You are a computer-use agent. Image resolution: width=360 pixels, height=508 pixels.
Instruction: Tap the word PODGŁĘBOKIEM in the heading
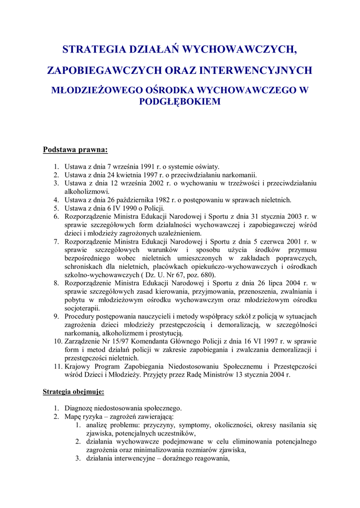click(180, 101)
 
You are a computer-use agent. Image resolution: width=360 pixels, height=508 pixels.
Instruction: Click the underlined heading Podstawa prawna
click(75, 149)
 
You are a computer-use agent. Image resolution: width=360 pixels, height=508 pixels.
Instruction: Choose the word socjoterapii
click(82, 308)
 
